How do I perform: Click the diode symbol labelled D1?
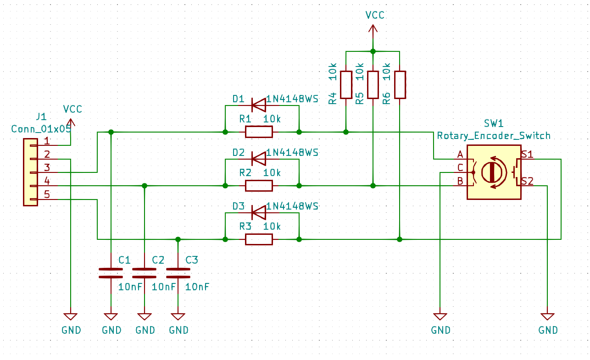259,105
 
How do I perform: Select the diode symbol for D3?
259,212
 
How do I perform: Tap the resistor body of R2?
259,186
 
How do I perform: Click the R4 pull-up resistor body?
346,85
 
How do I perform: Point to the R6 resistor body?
400,85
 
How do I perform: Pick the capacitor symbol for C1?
111,273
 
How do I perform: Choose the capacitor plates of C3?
178,273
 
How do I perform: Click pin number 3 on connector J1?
47,167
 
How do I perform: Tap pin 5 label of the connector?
47,194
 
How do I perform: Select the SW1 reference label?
494,123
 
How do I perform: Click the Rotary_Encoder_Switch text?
494,136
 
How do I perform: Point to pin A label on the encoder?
460,155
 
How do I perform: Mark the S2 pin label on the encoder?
527,181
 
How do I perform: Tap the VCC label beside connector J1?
72,109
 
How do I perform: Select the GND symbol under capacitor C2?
145,316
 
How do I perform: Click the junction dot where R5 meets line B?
373,186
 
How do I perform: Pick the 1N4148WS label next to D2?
292,152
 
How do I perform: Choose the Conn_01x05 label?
41,129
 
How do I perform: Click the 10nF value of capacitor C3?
197,287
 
